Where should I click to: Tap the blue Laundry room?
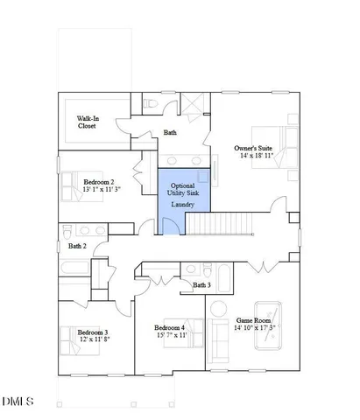point(183,204)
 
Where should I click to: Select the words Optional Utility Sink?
point(183,190)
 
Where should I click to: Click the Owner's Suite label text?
point(253,149)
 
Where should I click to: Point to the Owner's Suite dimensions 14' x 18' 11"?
point(253,158)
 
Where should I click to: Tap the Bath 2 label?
point(78,246)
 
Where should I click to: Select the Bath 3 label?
point(202,285)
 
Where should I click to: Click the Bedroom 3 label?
point(92,332)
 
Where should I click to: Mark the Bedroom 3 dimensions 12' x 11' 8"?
point(92,341)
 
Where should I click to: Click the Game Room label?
point(255,320)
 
